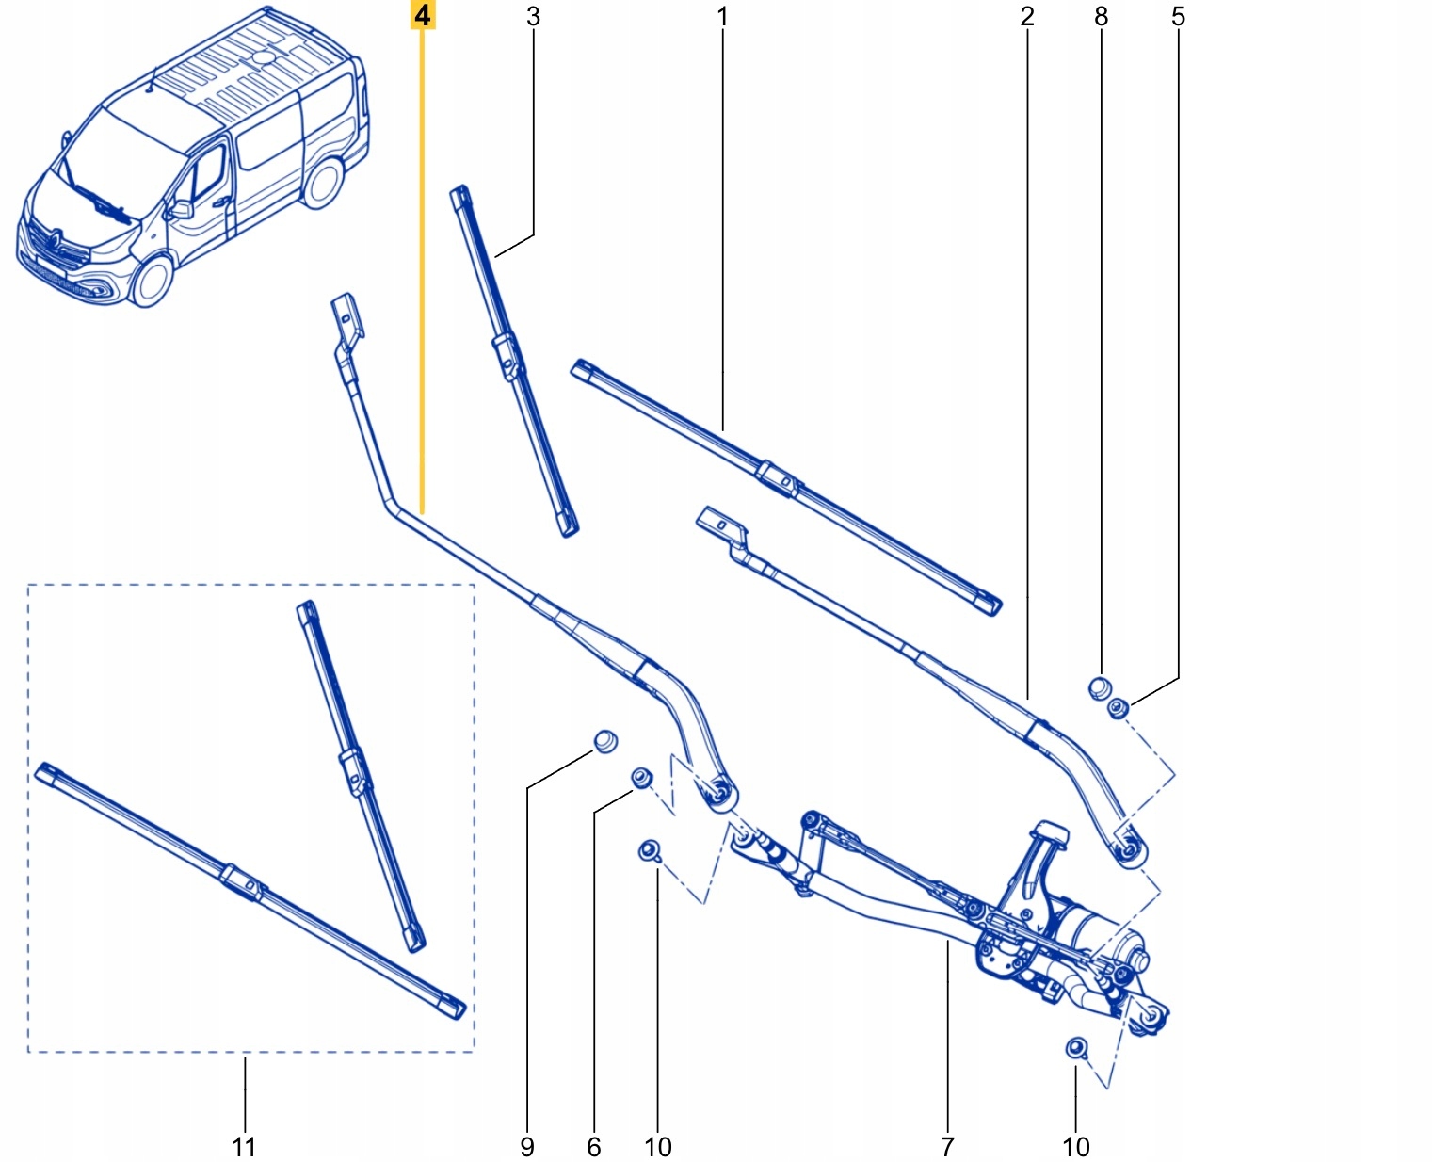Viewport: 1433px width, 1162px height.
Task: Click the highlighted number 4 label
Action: pyautogui.click(x=422, y=16)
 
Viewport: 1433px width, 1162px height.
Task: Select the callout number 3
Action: pyautogui.click(x=533, y=16)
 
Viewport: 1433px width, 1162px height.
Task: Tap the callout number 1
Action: pyautogui.click(x=722, y=16)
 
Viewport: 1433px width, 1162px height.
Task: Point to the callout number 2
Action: pyautogui.click(x=1026, y=16)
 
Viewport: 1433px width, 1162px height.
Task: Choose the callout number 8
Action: pyautogui.click(x=1101, y=16)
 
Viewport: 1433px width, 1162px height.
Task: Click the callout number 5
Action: pyautogui.click(x=1178, y=16)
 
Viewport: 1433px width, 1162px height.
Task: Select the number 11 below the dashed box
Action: pyautogui.click(x=244, y=1146)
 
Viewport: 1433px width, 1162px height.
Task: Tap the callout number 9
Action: pyautogui.click(x=527, y=1146)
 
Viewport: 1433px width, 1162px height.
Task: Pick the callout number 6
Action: pyautogui.click(x=593, y=1146)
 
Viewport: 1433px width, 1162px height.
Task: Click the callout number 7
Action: pyautogui.click(x=947, y=1146)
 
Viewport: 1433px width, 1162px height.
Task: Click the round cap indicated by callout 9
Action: pyautogui.click(x=604, y=741)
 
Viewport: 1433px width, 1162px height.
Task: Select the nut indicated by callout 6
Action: pyautogui.click(x=641, y=778)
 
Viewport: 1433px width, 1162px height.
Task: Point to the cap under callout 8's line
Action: pyautogui.click(x=1099, y=687)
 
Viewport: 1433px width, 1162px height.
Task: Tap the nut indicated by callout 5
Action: pyautogui.click(x=1119, y=707)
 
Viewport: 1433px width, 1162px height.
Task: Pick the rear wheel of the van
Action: pyautogui.click(x=323, y=183)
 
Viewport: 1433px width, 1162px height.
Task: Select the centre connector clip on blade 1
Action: pyautogui.click(x=778, y=476)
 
